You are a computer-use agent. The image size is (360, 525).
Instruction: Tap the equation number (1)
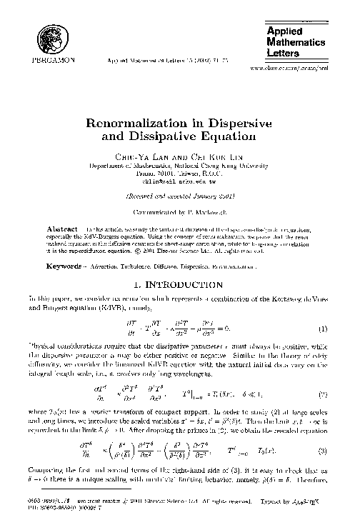pos(324,309)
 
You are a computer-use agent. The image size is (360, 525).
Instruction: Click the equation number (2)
pos(324,374)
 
